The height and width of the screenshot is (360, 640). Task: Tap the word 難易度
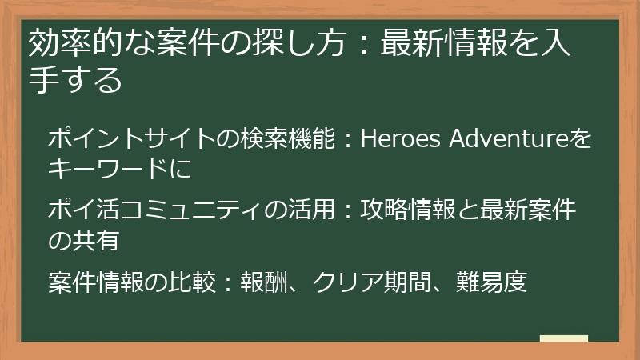pyautogui.click(x=492, y=281)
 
